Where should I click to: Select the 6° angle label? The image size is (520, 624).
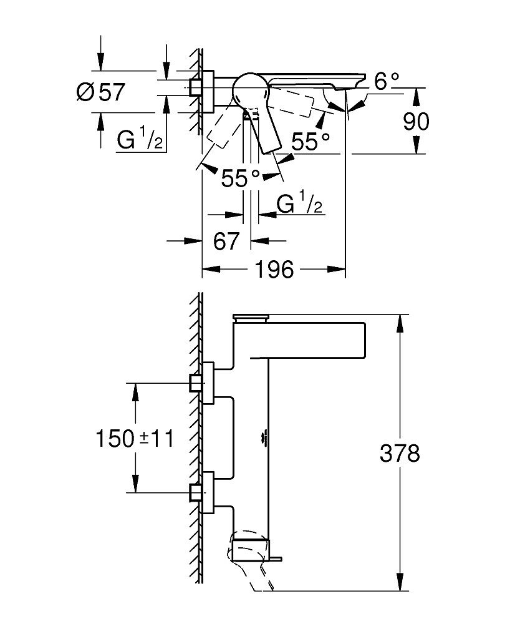point(387,80)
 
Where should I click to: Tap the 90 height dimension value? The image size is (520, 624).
point(415,121)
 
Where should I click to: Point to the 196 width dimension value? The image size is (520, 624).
point(274,270)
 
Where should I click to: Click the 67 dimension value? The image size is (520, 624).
point(226,241)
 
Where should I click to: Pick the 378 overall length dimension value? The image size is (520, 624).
point(400,453)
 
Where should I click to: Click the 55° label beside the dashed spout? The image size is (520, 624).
point(311,142)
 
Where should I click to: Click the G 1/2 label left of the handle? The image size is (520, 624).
point(140,140)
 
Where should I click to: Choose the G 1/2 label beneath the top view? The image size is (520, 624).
point(300,204)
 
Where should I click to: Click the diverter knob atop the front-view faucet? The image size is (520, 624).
point(249,316)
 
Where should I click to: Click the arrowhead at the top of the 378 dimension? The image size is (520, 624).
point(400,318)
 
